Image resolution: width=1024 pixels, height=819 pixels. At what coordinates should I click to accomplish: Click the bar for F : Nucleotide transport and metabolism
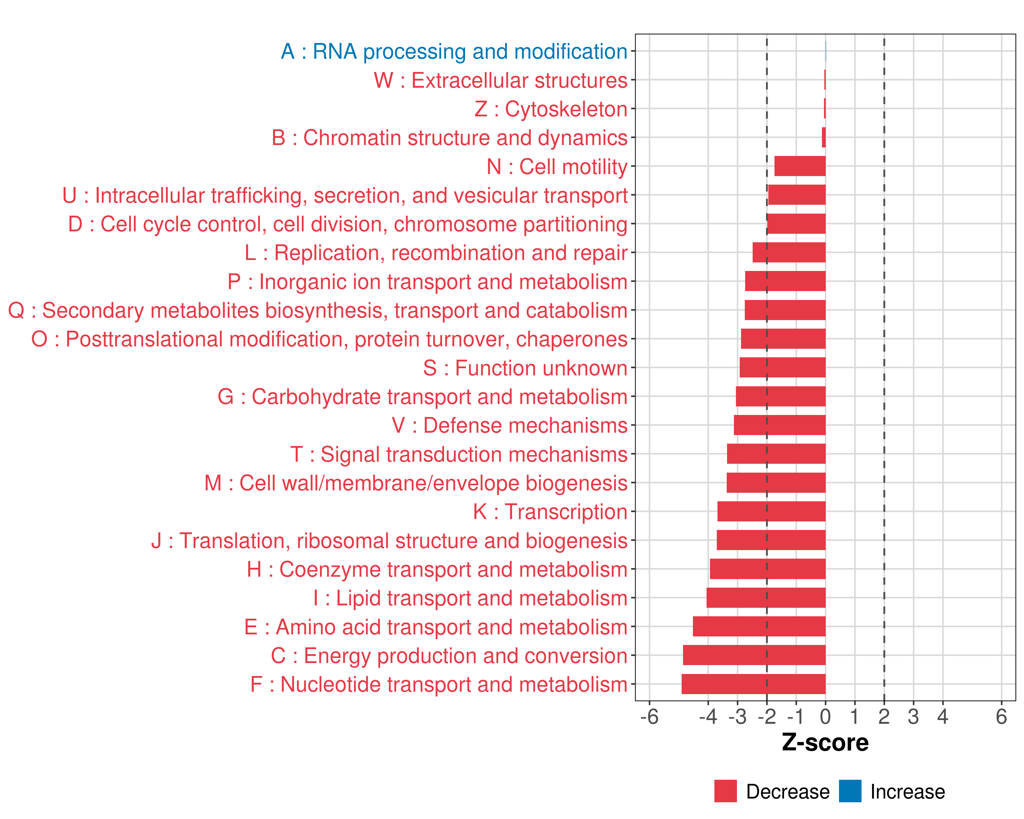click(753, 684)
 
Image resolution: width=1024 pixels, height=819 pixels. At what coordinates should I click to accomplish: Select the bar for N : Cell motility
click(800, 166)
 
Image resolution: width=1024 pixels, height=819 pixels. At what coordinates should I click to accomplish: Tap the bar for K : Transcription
click(771, 511)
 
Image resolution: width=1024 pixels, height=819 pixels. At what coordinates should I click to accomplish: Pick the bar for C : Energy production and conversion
click(754, 655)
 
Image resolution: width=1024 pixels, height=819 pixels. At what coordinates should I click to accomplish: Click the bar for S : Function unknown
click(782, 368)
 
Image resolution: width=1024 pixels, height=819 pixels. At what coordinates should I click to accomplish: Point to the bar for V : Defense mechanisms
click(779, 425)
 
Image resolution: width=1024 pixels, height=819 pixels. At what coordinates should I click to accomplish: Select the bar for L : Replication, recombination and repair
click(789, 253)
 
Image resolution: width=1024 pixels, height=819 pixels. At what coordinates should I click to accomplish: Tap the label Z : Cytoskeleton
click(551, 109)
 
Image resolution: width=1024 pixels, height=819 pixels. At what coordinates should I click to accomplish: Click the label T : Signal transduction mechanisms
click(459, 454)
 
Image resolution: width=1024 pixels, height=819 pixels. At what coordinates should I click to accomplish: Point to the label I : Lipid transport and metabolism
click(470, 598)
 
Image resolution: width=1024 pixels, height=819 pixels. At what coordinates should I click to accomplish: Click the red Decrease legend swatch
click(725, 791)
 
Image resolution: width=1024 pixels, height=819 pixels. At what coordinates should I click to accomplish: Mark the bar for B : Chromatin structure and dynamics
click(824, 138)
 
